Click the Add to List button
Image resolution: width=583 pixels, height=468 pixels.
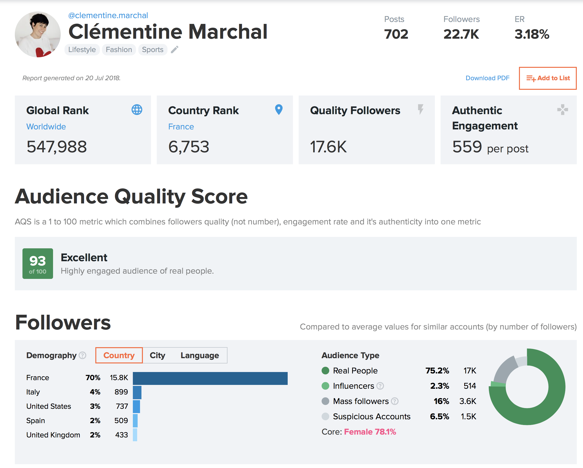[x=548, y=78]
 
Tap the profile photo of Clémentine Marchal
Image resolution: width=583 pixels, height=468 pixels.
[x=38, y=34]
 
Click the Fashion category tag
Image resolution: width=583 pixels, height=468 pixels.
[x=119, y=50]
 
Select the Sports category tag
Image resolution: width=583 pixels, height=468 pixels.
[x=152, y=50]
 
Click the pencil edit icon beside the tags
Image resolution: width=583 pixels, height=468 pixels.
[x=175, y=49]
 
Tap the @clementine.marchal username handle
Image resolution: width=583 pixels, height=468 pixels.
[x=108, y=16]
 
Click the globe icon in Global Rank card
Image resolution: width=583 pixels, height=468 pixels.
[x=137, y=110]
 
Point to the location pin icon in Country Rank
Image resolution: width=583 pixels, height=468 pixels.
[x=279, y=109]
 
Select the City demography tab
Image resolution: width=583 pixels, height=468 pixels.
[x=157, y=355]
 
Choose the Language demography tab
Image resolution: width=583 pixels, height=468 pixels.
[x=200, y=355]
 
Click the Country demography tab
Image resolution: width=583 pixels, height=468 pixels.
[x=119, y=355]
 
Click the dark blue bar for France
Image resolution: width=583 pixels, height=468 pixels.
[x=210, y=378]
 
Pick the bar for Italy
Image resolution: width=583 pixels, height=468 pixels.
[x=137, y=392]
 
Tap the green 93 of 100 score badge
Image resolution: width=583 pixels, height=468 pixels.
[x=38, y=263]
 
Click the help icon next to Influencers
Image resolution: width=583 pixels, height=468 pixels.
[x=380, y=386]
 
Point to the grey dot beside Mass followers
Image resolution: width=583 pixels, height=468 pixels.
[x=325, y=401]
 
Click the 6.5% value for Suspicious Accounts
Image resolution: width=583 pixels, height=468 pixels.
[x=439, y=416]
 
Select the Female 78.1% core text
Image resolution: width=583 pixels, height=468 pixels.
[x=370, y=432]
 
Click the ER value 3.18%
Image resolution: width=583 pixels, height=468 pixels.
[x=532, y=34]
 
